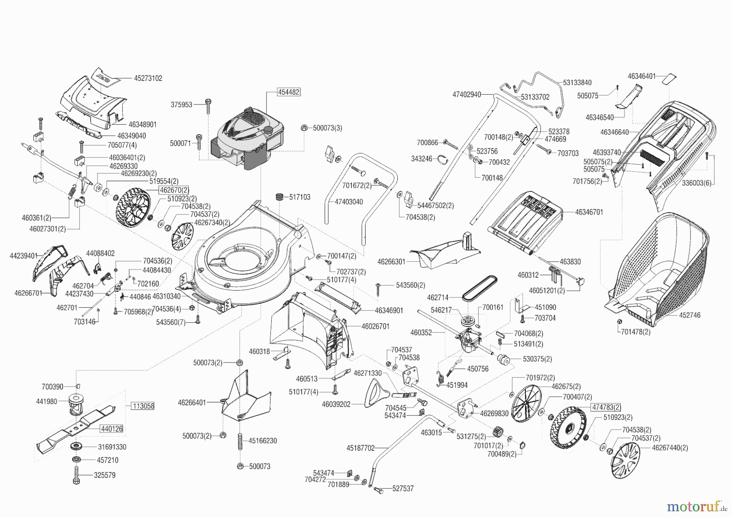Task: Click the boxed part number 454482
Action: click(289, 92)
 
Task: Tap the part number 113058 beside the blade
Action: click(143, 406)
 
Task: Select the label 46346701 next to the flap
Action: click(589, 212)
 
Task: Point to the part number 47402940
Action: click(466, 95)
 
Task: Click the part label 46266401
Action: click(192, 402)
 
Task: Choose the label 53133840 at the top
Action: click(577, 83)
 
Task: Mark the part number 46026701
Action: click(375, 326)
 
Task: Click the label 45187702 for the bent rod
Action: click(360, 448)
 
